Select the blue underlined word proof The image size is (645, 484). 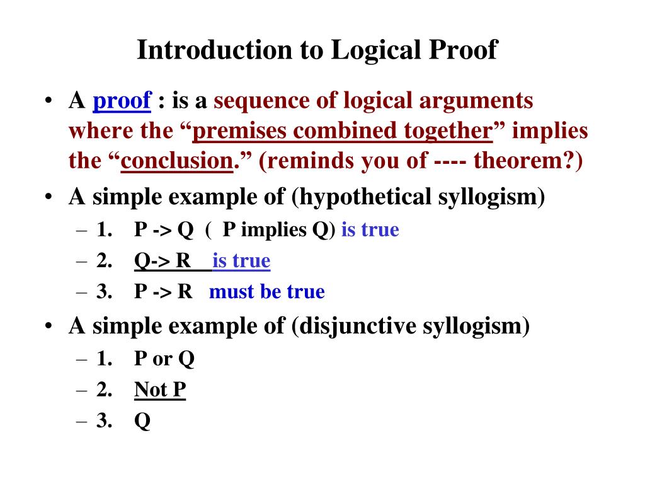[x=122, y=101]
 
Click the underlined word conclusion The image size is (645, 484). [x=177, y=161]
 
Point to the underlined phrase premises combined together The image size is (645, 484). [x=341, y=131]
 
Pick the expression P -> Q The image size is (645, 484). [x=163, y=230]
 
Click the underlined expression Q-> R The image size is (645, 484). [x=163, y=261]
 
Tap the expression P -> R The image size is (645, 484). [x=163, y=292]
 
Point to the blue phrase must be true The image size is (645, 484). [x=267, y=292]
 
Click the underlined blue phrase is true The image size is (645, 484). [x=242, y=261]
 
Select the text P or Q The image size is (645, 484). [x=164, y=359]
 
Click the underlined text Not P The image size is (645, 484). [x=160, y=389]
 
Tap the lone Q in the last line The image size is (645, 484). [x=142, y=421]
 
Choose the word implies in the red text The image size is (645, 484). [x=550, y=131]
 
